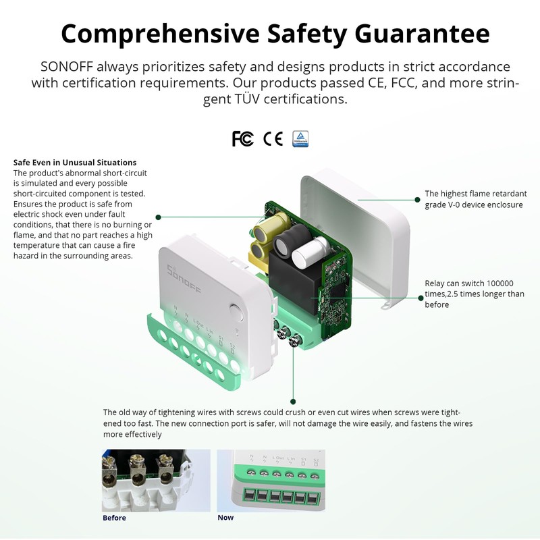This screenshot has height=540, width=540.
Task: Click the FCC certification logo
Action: [x=242, y=138]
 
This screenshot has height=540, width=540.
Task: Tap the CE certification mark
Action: [x=273, y=138]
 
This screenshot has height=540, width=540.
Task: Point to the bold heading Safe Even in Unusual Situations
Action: [x=75, y=163]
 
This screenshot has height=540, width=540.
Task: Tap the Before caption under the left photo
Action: [x=114, y=518]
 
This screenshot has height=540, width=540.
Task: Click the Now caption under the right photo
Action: [x=225, y=518]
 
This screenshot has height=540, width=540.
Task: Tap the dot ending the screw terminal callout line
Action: [x=293, y=402]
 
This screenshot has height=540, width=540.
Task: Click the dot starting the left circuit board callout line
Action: [x=158, y=217]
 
